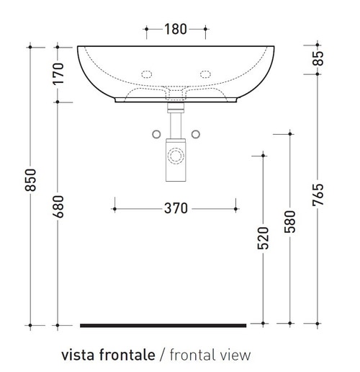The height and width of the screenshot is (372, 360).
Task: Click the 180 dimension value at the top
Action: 176,30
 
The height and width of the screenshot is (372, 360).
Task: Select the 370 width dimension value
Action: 175,208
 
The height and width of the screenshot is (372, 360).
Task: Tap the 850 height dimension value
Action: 30,186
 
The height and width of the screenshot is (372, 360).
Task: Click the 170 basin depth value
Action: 59,74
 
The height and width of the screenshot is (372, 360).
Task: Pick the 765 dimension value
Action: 318,195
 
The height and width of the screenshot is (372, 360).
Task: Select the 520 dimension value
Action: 264,237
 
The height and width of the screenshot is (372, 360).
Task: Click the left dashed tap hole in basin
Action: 148,74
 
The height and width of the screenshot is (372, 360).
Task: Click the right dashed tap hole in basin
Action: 204,74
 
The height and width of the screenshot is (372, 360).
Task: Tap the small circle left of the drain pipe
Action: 155,133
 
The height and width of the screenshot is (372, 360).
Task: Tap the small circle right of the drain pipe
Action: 195,133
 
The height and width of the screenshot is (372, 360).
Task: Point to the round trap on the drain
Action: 175,155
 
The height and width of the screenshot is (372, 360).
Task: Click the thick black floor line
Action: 163,326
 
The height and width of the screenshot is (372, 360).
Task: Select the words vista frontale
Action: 108,355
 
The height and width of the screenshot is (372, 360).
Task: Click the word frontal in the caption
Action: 192,355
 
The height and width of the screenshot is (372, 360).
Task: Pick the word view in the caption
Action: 235,355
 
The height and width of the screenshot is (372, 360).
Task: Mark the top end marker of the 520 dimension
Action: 264,154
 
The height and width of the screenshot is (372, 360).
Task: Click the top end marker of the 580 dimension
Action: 290,133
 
